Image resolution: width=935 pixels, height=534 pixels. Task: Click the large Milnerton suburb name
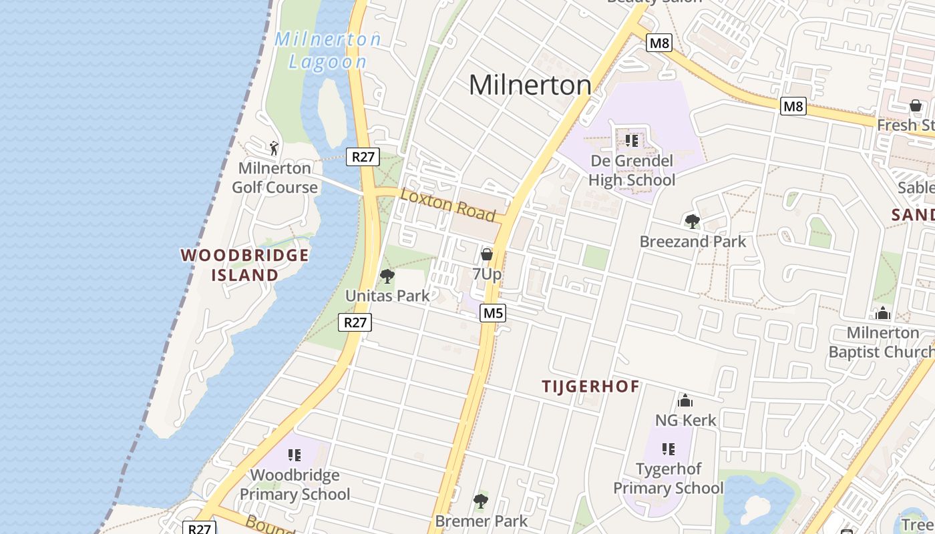(530, 85)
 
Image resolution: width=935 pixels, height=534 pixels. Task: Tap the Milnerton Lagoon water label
(328, 50)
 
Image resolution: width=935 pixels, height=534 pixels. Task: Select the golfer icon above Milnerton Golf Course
(273, 148)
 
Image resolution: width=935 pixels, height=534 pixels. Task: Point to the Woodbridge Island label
(244, 265)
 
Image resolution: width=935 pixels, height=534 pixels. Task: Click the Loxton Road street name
(447, 204)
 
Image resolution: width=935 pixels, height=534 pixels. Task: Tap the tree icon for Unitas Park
(387, 276)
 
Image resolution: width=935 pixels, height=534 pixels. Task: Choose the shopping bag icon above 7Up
(487, 254)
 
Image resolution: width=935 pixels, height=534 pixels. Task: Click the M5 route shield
(492, 313)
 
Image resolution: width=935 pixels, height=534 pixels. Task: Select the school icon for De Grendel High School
(631, 141)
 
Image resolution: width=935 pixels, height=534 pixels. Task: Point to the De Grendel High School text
(632, 171)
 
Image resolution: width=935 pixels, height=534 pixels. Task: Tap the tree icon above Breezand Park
(692, 221)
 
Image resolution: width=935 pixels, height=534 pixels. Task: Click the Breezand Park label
(693, 241)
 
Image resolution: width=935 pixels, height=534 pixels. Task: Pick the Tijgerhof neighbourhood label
(590, 386)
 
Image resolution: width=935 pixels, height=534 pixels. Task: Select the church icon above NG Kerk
(685, 400)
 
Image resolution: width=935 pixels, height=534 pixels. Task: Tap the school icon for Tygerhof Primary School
(668, 449)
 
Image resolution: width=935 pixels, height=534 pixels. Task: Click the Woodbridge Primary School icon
(295, 455)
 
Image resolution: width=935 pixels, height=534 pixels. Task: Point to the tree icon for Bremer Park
(481, 501)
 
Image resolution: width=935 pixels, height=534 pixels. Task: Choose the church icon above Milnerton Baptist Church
(883, 312)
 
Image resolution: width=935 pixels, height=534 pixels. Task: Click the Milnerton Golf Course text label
(274, 178)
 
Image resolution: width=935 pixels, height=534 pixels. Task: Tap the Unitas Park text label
(387, 295)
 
